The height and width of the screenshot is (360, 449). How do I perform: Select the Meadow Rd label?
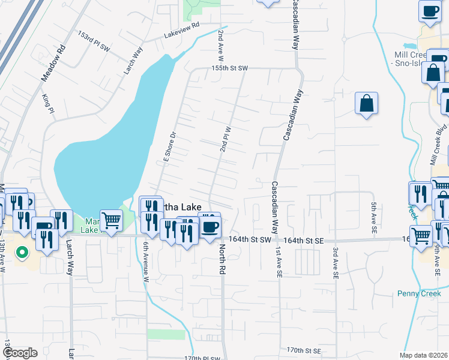tap(53, 64)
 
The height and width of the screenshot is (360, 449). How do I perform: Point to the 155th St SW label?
tap(229, 68)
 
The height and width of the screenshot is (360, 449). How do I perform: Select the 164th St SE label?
tap(304, 241)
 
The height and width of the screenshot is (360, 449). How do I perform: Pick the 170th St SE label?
tap(303, 350)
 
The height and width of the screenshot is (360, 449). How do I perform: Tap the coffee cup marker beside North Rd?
tap(209, 226)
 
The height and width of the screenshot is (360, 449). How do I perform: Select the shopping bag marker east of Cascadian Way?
tap(366, 103)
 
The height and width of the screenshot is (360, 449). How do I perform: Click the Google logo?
tap(20, 353)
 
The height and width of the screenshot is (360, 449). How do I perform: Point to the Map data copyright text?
tap(423, 355)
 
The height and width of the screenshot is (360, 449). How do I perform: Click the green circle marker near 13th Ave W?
tap(22, 253)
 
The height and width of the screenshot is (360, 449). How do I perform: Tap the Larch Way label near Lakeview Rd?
tap(133, 61)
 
